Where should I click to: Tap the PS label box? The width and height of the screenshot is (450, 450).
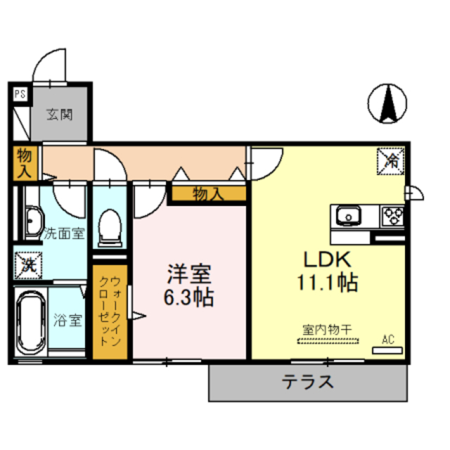click(x=19, y=92)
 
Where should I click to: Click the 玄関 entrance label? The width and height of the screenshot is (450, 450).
click(x=60, y=115)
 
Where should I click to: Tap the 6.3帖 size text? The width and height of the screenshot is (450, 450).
click(x=190, y=297)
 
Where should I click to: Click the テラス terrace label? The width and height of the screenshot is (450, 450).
click(x=307, y=383)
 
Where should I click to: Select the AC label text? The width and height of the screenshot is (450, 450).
click(x=388, y=340)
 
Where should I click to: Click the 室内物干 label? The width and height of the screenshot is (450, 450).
click(x=327, y=329)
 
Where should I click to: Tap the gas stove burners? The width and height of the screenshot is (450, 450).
click(x=392, y=215)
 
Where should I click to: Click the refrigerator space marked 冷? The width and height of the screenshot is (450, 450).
click(x=391, y=160)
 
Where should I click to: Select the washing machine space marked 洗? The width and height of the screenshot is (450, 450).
click(x=27, y=265)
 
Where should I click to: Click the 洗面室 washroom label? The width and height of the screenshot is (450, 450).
click(x=64, y=233)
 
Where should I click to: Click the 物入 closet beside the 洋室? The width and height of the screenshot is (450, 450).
click(x=207, y=194)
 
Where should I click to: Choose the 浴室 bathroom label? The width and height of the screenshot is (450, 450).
click(x=67, y=321)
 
